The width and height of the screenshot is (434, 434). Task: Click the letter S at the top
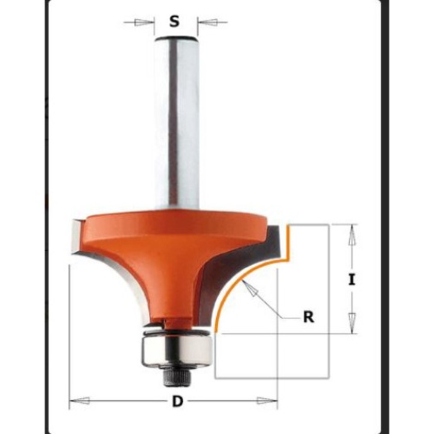pos(175,22)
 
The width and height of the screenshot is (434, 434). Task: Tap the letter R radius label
pos(308,317)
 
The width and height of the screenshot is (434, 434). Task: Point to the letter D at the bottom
pos(175,400)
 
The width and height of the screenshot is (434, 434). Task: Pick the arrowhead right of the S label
pos(207,23)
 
